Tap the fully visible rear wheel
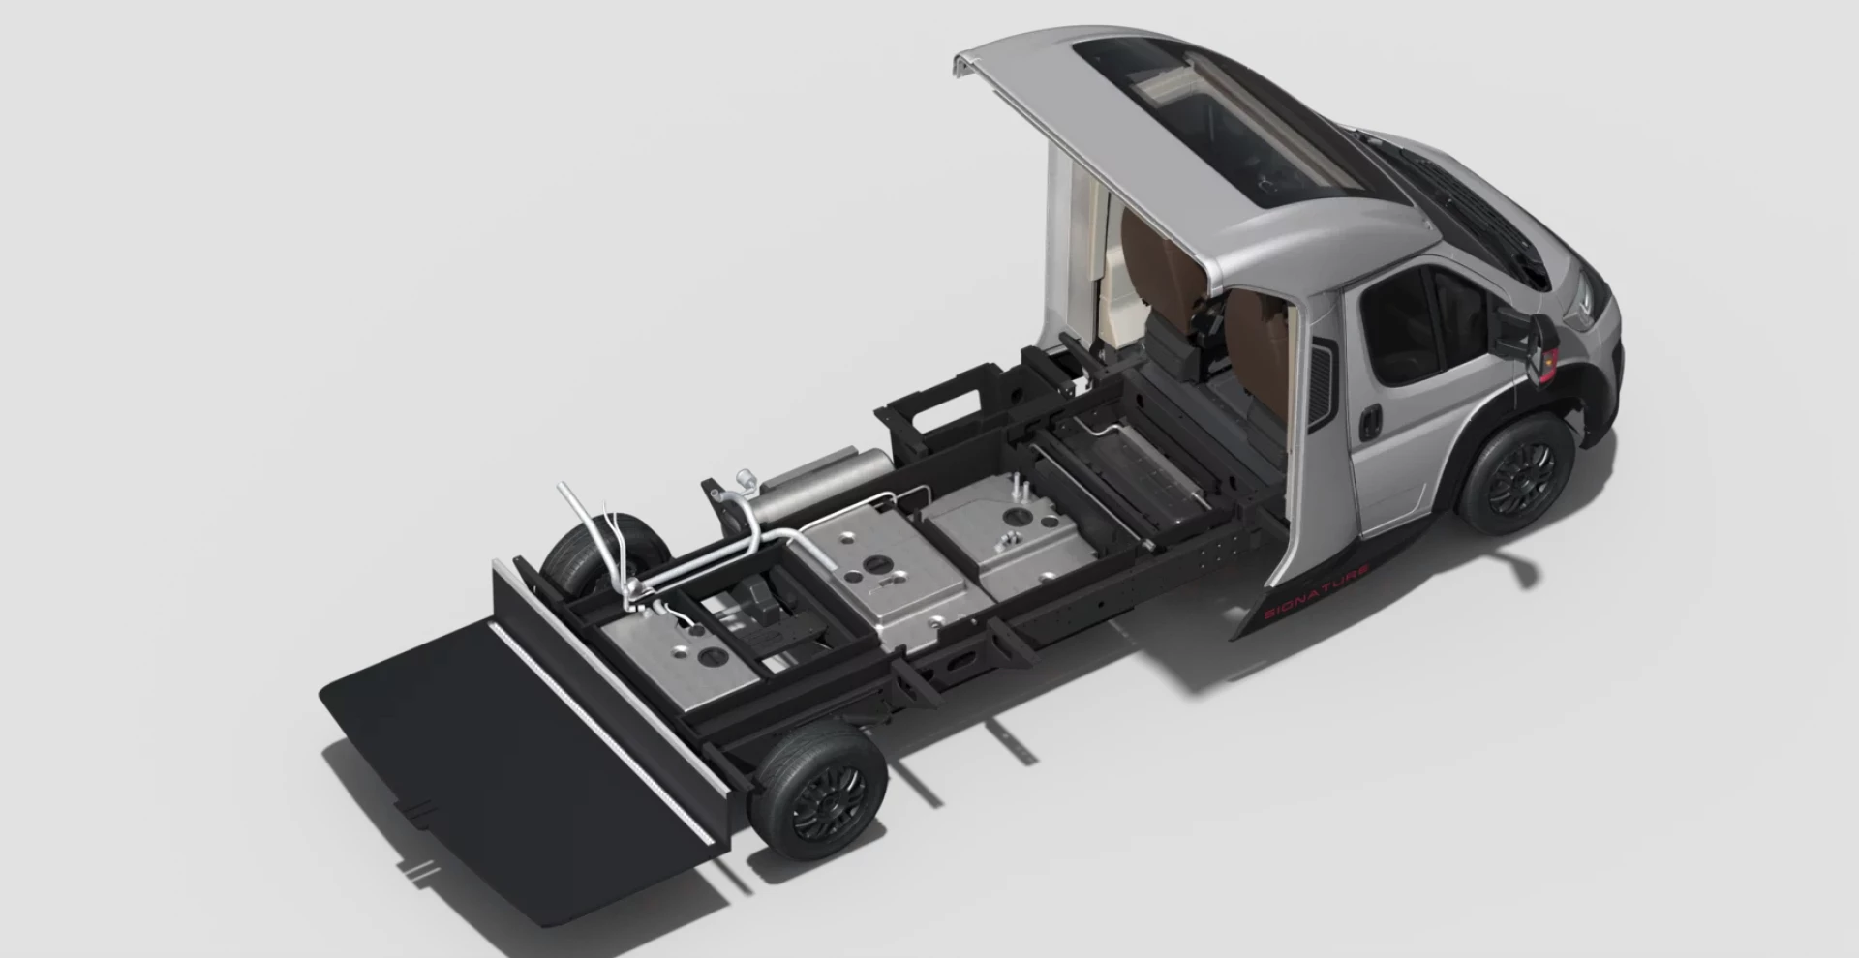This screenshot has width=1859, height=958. (x=820, y=791)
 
